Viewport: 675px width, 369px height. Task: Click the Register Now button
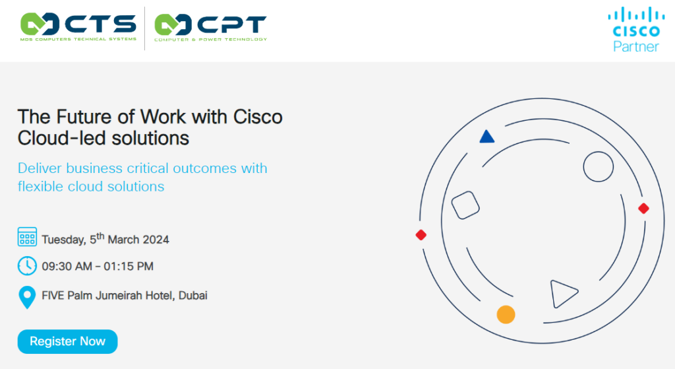(68, 341)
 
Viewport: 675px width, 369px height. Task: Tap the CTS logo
(78, 26)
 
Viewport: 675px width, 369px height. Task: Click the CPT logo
(210, 27)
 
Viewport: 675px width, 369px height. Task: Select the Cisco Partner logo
(636, 29)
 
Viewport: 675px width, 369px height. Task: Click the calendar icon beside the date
(27, 237)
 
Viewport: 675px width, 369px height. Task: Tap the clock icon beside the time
(27, 265)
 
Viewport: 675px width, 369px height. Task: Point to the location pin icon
(27, 298)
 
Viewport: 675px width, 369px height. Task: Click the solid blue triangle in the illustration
(487, 137)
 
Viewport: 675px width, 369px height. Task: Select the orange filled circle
(506, 314)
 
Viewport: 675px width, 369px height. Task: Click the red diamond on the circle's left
(421, 235)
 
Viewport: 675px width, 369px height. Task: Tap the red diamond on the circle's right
(643, 209)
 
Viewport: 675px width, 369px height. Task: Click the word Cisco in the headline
(258, 117)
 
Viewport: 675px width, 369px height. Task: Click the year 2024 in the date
(156, 240)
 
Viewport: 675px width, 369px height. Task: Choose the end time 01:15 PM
(129, 267)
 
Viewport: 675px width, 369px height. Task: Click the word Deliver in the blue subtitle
(40, 168)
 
